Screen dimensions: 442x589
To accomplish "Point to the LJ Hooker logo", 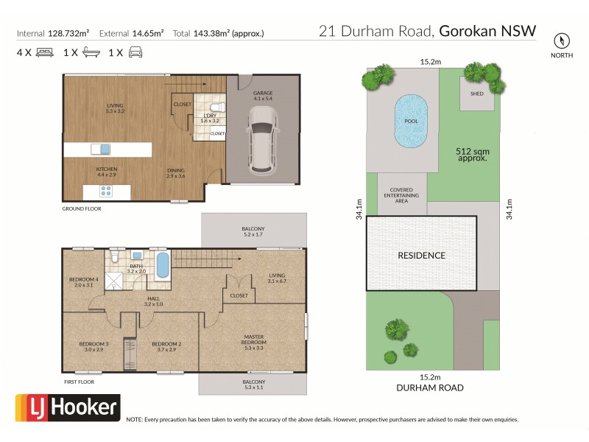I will click(68, 407).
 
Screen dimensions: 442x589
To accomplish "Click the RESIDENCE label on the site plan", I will click(422, 256).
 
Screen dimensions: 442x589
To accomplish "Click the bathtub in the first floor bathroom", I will click(163, 264).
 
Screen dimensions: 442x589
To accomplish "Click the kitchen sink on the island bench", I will click(105, 149).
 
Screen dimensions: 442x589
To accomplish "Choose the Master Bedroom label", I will click(254, 341).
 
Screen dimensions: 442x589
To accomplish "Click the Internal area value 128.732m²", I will click(68, 33).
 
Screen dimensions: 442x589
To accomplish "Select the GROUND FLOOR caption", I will click(81, 208).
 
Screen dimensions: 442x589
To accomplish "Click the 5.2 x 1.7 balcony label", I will click(253, 232).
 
